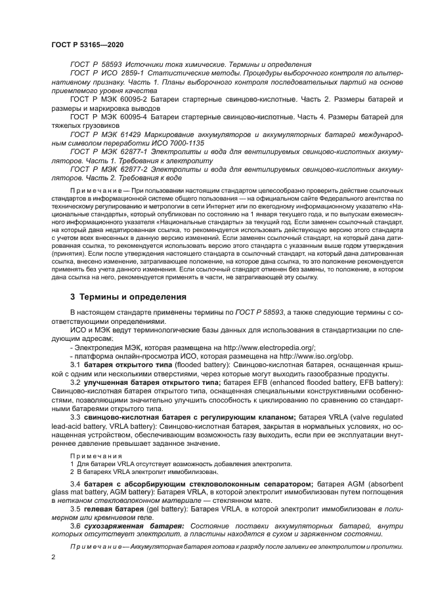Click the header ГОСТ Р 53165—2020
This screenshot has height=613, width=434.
click(87, 44)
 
